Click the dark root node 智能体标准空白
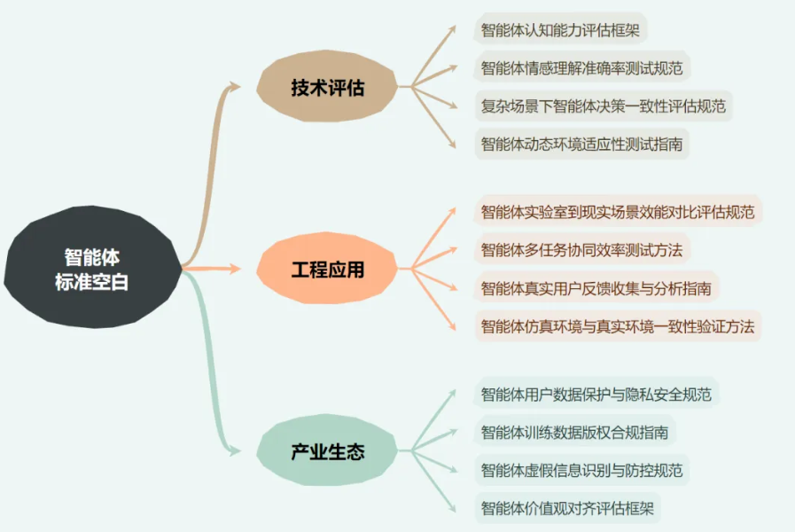point(92,267)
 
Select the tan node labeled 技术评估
point(327,87)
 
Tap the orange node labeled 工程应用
point(327,269)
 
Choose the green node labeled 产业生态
point(327,450)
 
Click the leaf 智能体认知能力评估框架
point(560,30)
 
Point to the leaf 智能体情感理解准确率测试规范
point(582,68)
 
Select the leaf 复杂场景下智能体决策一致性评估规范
point(604,106)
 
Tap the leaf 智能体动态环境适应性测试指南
point(582,144)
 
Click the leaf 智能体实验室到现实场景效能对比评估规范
point(618,212)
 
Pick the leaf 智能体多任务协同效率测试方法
point(582,249)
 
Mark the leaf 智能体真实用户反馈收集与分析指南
point(596,288)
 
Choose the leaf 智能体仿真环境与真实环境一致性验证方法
point(618,326)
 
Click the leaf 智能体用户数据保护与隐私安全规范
point(596,394)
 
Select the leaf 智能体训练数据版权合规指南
point(574,432)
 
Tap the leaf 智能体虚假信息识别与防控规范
point(582,470)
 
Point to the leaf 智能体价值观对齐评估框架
point(567,508)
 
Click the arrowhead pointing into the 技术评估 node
point(233,86)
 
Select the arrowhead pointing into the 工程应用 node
point(234,269)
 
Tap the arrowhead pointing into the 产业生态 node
point(233,450)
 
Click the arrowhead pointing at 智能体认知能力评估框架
point(450,30)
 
